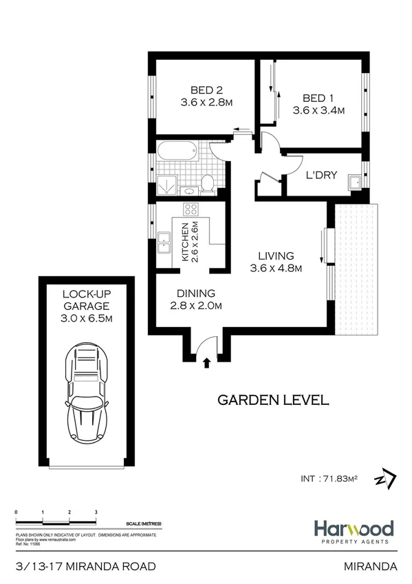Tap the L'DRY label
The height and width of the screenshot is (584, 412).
point(321,175)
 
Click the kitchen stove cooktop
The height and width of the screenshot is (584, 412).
point(190,211)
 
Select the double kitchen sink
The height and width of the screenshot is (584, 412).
point(164,241)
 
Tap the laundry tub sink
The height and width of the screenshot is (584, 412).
point(355,182)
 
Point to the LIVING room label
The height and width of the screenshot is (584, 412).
point(276,255)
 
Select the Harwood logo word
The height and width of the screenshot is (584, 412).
point(354,528)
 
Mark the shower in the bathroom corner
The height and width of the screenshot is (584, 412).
point(167,184)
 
